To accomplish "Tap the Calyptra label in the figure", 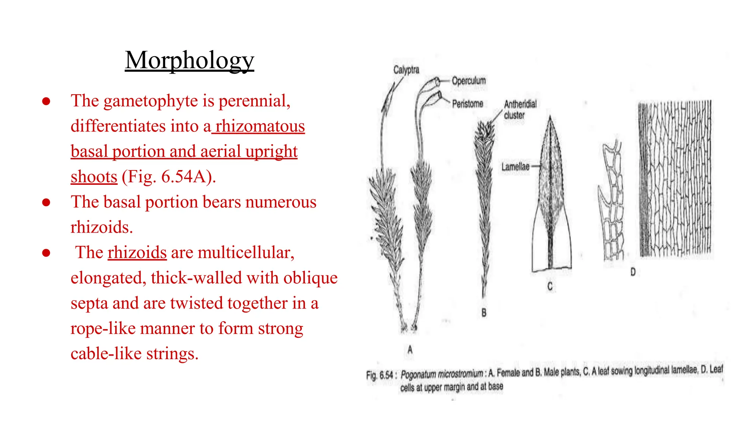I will tap(406, 70).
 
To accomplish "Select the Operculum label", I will tap(469, 81).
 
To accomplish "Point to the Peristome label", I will tap(467, 104).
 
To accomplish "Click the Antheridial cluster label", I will tap(520, 109).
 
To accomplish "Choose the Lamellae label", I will tap(515, 167).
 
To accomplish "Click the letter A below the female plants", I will tap(410, 349).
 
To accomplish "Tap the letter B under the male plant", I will tap(484, 312).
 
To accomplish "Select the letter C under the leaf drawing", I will tap(550, 286).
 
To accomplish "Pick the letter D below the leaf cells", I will tap(633, 272).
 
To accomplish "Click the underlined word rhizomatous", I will tap(260, 126).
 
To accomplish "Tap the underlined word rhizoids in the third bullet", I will tap(137, 252).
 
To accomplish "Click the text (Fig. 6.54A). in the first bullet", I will tap(169, 177).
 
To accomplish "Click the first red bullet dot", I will tap(46, 101).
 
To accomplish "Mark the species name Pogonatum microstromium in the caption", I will tap(442, 374).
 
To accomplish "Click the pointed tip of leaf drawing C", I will tap(550, 117).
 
